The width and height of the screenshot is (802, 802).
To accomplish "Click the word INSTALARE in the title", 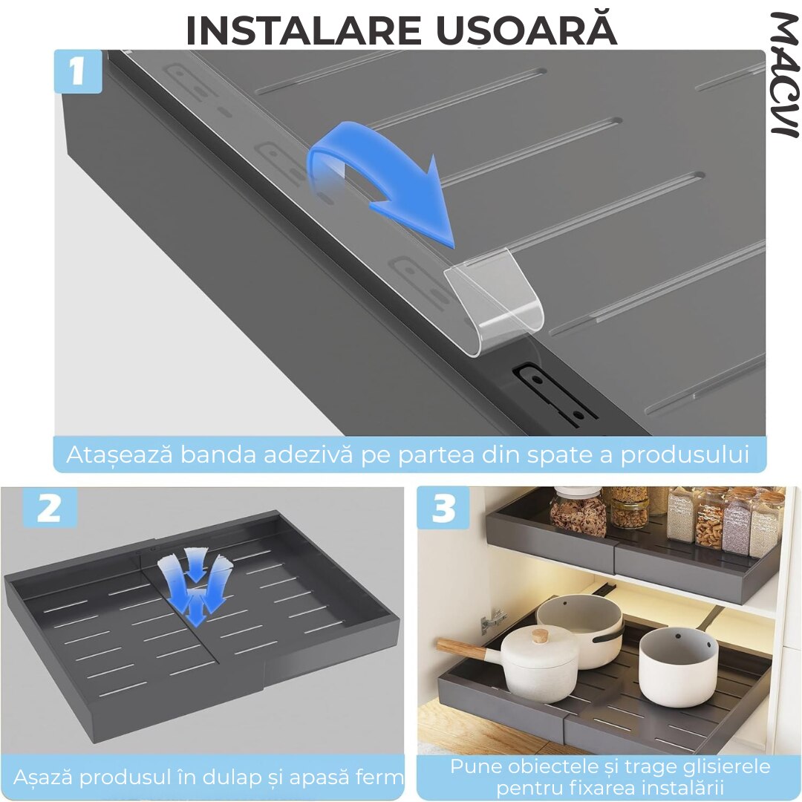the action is pyautogui.click(x=303, y=30).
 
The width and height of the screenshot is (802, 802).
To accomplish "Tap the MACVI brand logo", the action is pyautogui.click(x=784, y=75).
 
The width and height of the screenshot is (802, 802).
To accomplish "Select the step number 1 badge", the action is pyautogui.click(x=78, y=71).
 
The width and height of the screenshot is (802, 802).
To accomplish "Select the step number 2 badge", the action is pyautogui.click(x=49, y=508).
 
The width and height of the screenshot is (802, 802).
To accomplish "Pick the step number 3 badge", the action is pyautogui.click(x=443, y=508).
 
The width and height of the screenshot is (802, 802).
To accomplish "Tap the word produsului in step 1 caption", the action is pyautogui.click(x=685, y=454).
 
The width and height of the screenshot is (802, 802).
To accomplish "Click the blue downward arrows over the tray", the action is pyautogui.click(x=195, y=585).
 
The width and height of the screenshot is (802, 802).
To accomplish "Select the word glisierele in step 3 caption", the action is pyautogui.click(x=720, y=766).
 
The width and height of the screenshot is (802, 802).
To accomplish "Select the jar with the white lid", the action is pyautogui.click(x=578, y=511).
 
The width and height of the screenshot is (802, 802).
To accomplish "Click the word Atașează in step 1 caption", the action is pyautogui.click(x=120, y=454).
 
